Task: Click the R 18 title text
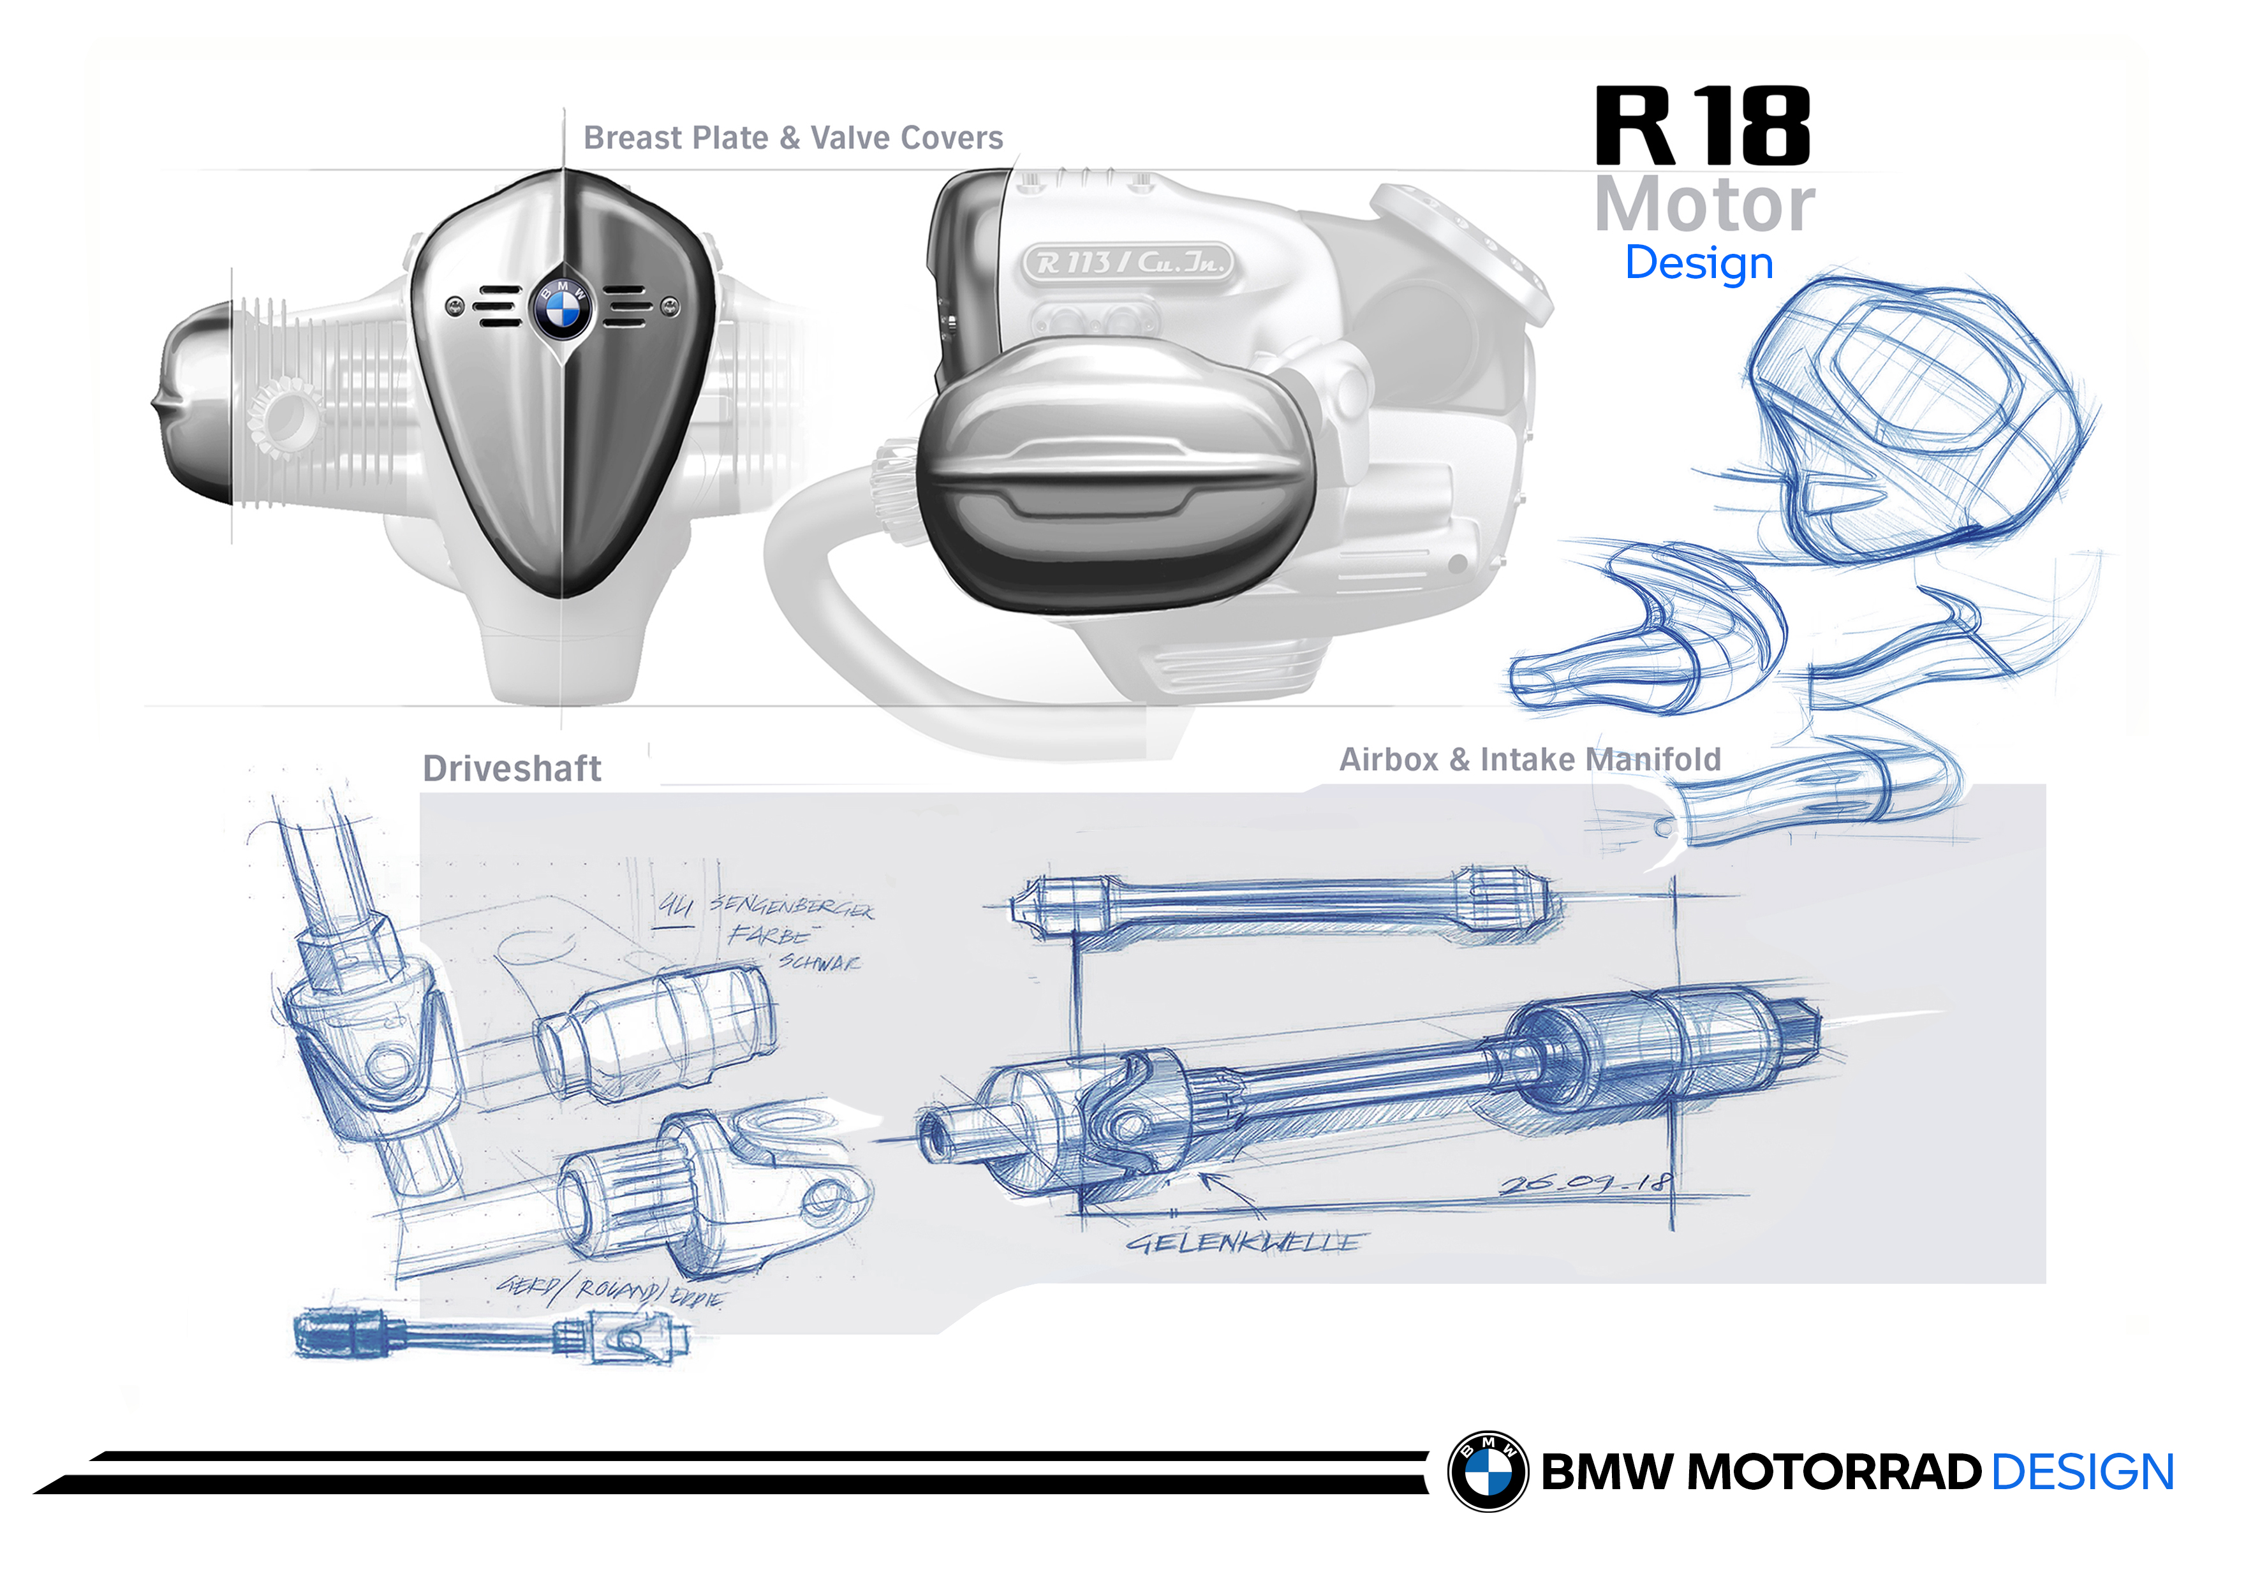click(x=1702, y=126)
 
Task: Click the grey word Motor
click(x=1704, y=205)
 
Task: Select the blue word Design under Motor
click(x=1699, y=263)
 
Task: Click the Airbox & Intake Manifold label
click(x=1529, y=760)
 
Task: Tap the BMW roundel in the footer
click(x=1487, y=1472)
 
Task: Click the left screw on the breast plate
click(x=455, y=306)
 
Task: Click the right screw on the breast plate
click(x=669, y=306)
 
